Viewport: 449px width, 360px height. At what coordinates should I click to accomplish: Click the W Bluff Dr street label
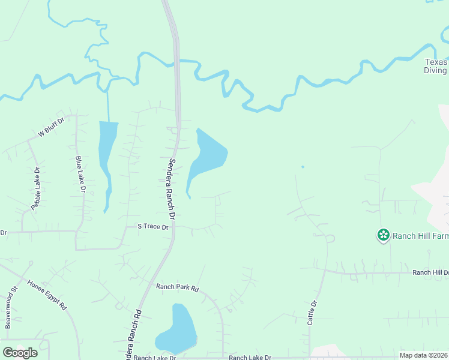pyautogui.click(x=51, y=125)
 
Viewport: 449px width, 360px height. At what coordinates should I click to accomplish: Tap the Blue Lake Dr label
pyautogui.click(x=80, y=174)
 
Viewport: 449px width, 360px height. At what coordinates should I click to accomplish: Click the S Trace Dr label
pyautogui.click(x=153, y=226)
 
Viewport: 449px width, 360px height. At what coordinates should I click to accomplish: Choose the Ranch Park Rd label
pyautogui.click(x=177, y=287)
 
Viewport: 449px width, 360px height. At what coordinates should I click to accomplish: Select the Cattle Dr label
pyautogui.click(x=312, y=313)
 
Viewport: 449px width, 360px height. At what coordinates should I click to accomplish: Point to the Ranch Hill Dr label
pyautogui.click(x=430, y=272)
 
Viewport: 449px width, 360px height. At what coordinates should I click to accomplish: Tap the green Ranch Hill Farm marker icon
pyautogui.click(x=383, y=235)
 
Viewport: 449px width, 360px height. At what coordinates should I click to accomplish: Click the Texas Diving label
pyautogui.click(x=436, y=66)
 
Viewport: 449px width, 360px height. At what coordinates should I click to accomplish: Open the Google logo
pyautogui.click(x=20, y=352)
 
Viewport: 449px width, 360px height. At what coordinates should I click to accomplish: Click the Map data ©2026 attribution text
pyautogui.click(x=423, y=355)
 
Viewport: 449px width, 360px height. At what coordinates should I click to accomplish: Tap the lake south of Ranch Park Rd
pyautogui.click(x=178, y=332)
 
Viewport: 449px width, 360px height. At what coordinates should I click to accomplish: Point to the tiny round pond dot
pyautogui.click(x=303, y=167)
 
